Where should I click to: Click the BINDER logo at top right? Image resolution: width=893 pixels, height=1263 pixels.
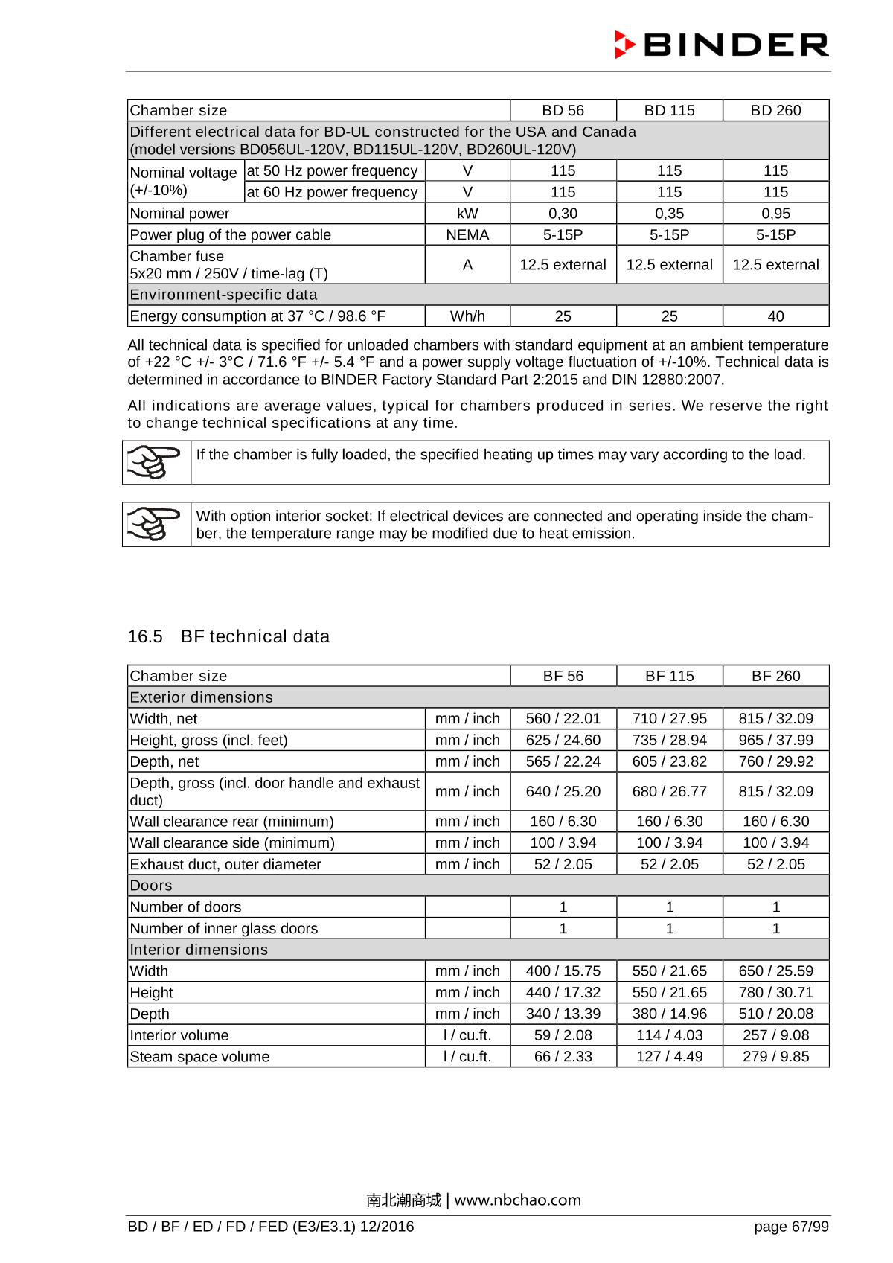coord(721,45)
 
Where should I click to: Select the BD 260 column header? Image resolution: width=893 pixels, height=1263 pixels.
coord(775,110)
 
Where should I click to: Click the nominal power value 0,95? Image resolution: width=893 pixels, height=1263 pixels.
coord(775,214)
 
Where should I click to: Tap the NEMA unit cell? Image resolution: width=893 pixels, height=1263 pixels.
coord(467,235)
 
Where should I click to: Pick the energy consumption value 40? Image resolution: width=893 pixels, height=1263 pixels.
coord(775,316)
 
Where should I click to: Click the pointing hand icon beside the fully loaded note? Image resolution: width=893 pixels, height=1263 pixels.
coord(156,461)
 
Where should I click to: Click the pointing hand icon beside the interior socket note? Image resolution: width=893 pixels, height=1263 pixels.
coord(156,524)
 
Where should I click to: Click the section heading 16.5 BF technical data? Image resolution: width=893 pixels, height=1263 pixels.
coord(228,636)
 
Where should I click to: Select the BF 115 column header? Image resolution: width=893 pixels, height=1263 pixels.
coord(669,676)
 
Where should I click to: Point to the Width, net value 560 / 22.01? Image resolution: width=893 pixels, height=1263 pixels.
coord(563,719)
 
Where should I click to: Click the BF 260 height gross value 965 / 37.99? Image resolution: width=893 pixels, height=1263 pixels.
coord(775,741)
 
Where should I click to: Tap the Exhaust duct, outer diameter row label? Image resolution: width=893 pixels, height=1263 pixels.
coord(225,865)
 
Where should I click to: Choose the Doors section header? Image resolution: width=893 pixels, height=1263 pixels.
coord(151,886)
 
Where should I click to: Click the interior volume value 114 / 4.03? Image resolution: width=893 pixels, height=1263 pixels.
coord(669,1035)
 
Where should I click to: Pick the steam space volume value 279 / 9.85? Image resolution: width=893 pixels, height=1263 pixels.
coord(775,1057)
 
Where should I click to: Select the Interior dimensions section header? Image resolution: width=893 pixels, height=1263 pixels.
coord(199,950)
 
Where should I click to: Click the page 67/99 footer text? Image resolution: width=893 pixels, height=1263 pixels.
coord(791,1227)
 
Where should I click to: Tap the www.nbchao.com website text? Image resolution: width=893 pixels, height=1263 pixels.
coord(518,1200)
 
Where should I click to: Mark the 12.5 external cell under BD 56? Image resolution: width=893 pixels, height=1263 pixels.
coord(563,265)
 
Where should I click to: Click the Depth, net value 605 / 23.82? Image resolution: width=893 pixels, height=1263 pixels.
coord(669,762)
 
